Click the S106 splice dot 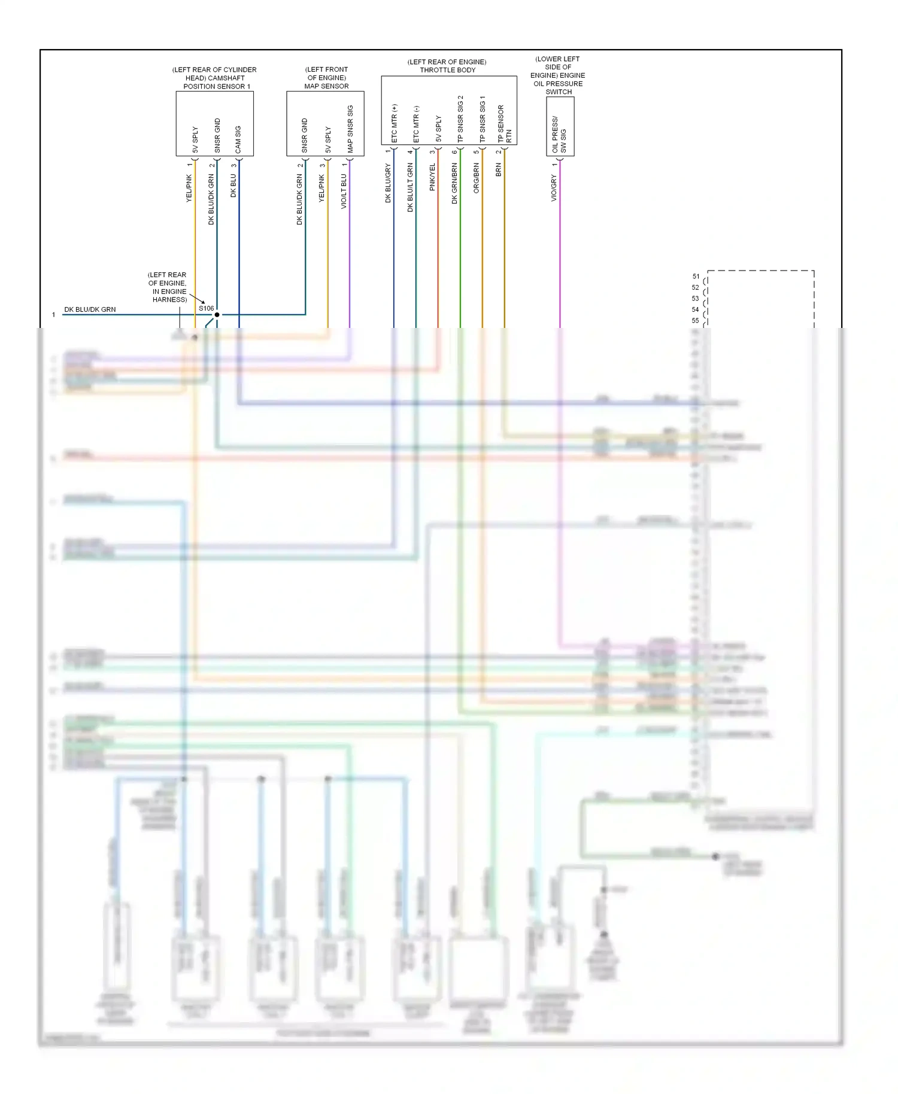tap(217, 314)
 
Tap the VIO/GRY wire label tap(554, 188)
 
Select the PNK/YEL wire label tap(432, 177)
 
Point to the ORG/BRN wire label tap(477, 178)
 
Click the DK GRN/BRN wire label tap(454, 183)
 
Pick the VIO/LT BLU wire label tap(344, 192)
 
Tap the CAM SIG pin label tap(238, 139)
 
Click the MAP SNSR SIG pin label tap(350, 129)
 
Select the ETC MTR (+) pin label tap(394, 124)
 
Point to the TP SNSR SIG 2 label tap(460, 119)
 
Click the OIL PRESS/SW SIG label tap(559, 135)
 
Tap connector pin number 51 tap(696, 276)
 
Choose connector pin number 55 tap(696, 321)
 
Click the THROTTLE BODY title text tap(448, 70)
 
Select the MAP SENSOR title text tap(326, 86)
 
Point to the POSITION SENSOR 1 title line tap(217, 86)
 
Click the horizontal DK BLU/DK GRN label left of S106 tap(90, 309)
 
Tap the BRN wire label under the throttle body tap(499, 170)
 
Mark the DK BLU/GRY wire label tap(388, 184)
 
